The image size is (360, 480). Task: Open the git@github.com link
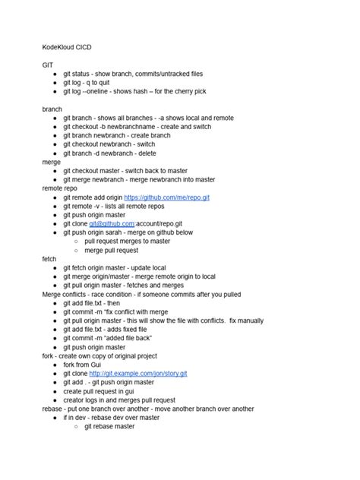(x=112, y=223)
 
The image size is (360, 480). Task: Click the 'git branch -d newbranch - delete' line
(x=115, y=153)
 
